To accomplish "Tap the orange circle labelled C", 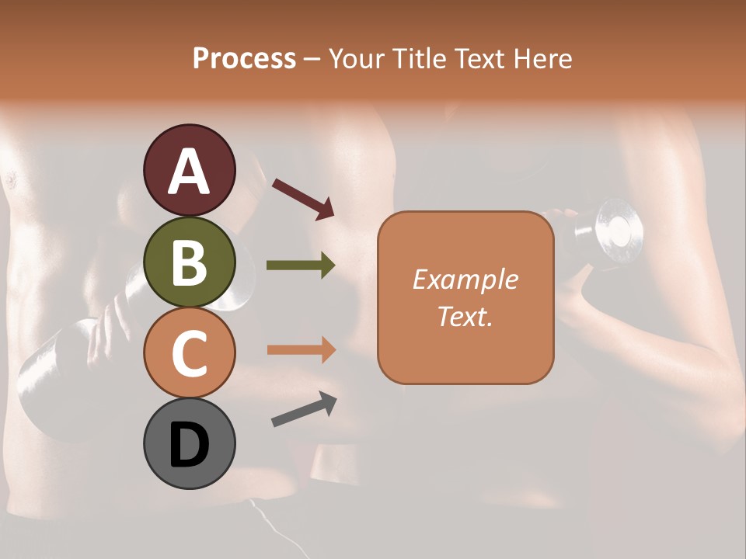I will point(189,352).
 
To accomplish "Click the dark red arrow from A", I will point(303,198).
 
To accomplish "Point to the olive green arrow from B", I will point(302,266).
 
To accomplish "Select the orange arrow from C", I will point(302,350).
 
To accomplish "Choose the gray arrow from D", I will point(304,409).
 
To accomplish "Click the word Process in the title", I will point(244,58).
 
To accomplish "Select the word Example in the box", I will point(465,279).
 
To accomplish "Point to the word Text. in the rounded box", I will point(465,316).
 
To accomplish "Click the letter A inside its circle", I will point(189,171).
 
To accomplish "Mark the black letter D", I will point(189,445).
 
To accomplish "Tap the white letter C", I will point(189,354).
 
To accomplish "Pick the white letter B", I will point(189,262).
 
